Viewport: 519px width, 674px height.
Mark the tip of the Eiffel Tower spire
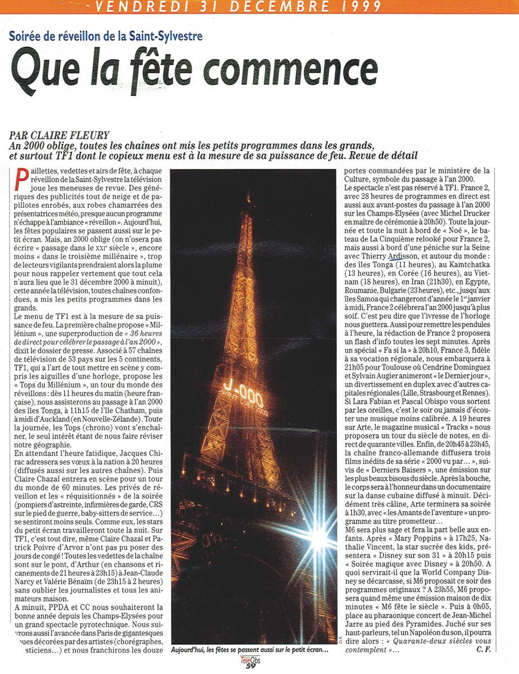(x=247, y=194)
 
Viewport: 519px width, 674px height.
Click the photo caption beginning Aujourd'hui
(x=250, y=650)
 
